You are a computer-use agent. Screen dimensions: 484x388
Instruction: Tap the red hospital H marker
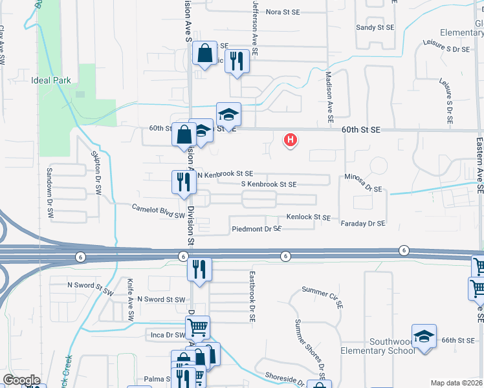(x=291, y=139)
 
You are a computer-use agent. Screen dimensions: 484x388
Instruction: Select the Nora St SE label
(x=283, y=12)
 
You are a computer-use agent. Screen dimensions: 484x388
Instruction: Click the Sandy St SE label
(x=375, y=28)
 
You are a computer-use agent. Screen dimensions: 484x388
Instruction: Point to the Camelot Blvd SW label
(x=159, y=211)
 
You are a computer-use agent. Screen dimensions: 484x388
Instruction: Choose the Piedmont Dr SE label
(x=256, y=229)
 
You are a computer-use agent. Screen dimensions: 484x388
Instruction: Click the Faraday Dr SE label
(x=363, y=223)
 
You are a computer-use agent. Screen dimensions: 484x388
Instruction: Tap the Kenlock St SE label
(x=309, y=218)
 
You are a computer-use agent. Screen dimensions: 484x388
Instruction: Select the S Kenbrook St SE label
(x=269, y=184)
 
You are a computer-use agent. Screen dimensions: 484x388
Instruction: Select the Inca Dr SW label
(x=167, y=335)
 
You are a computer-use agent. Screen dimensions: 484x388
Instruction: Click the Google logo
(x=21, y=380)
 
